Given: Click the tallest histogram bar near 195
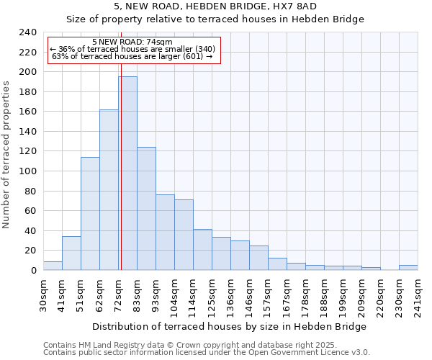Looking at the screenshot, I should [x=128, y=173].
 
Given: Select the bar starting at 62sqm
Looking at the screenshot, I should [x=109, y=190].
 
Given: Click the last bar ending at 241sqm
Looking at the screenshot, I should [x=408, y=267].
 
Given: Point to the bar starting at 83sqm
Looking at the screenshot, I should [x=146, y=209].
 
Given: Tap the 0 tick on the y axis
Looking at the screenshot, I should [x=33, y=271].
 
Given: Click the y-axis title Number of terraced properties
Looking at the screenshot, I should [x=6, y=154].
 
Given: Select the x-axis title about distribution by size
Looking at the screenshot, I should [x=230, y=326].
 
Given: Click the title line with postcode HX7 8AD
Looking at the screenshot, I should [x=215, y=6].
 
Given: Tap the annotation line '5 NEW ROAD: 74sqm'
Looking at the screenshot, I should [x=132, y=42].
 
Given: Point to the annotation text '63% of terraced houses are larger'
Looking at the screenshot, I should [x=132, y=56].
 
